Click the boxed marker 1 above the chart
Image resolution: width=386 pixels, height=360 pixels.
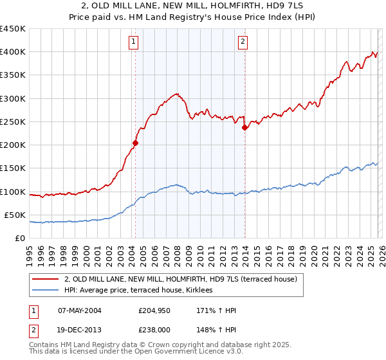point(133,42)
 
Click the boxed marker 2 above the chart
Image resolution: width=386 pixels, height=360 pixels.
point(243,42)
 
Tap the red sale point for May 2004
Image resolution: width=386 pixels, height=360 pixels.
point(135,143)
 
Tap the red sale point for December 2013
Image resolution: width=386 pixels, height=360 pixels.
point(244,128)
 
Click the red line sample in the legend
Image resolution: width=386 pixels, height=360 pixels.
point(46,279)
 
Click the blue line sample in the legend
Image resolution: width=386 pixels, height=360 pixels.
point(46,291)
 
